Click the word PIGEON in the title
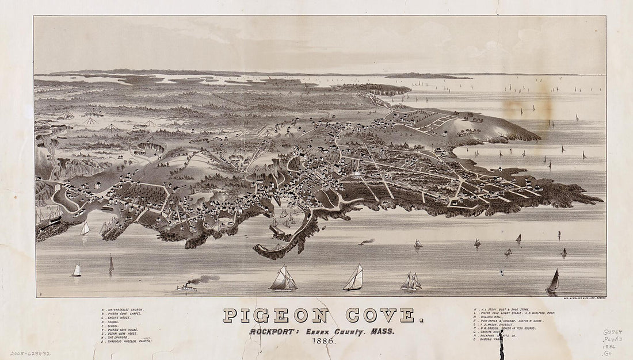276,315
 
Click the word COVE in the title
380,315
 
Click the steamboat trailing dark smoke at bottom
187,287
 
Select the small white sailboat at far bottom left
76,270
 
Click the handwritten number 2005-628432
30,353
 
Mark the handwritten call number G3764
612,332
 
